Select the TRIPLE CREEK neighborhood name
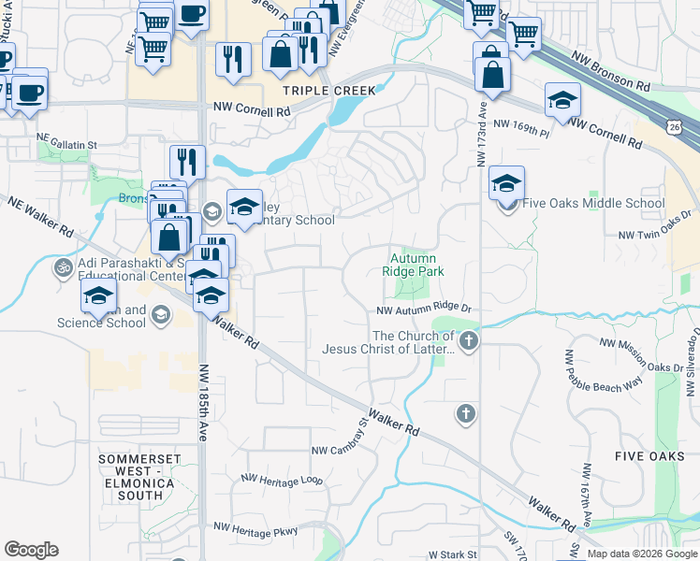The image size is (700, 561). point(330,91)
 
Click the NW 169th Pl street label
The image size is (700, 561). point(520,128)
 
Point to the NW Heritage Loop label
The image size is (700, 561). point(282,480)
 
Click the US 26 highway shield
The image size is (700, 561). point(675,124)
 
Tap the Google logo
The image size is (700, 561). point(32,550)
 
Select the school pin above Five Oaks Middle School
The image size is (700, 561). point(506,183)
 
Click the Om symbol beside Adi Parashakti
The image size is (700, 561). point(64,267)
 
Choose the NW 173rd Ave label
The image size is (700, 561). point(481,137)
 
